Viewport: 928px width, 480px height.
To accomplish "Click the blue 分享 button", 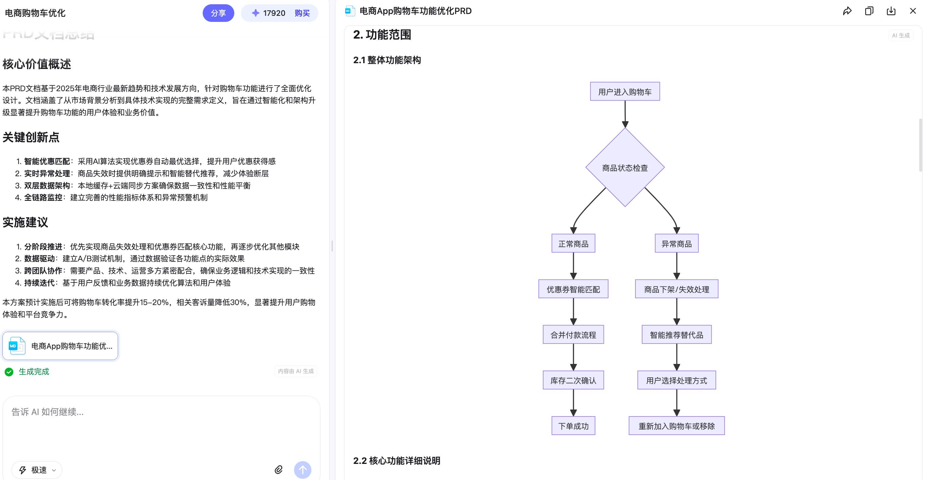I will tap(218, 13).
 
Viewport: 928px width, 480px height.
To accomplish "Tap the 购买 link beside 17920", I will tap(302, 13).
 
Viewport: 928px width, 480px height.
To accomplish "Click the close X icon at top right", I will tap(913, 11).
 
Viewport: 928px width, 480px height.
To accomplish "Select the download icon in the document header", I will tap(891, 11).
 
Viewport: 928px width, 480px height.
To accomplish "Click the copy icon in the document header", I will tap(869, 11).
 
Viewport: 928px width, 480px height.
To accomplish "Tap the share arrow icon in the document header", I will tap(847, 11).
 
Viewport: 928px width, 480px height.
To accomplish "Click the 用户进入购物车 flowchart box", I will tap(625, 92).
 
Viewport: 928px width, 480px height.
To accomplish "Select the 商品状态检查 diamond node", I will tap(625, 168).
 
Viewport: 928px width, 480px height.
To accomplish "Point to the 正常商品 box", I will tap(573, 244).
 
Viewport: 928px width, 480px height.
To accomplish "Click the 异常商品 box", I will tap(676, 244).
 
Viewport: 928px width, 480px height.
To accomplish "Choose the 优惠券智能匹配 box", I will tap(573, 289).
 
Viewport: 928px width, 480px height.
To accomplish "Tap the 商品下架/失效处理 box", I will tap(676, 289).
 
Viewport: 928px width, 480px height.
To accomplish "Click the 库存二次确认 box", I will tap(573, 380).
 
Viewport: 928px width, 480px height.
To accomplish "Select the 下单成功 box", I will tap(573, 426).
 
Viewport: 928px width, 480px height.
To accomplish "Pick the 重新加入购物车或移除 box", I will tap(676, 426).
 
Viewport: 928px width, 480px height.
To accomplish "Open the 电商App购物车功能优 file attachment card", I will tap(60, 346).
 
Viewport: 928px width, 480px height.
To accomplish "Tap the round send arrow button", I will tap(302, 470).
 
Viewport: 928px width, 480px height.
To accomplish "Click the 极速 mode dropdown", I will tap(37, 470).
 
